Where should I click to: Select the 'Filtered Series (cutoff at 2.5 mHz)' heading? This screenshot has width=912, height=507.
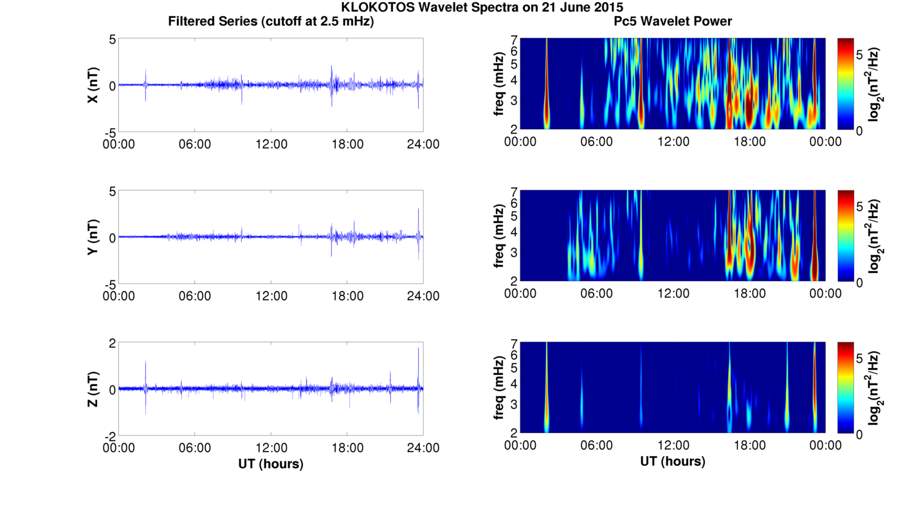271,21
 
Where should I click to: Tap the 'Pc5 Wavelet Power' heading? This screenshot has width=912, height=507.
673,21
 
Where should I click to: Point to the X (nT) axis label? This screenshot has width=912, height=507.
93,85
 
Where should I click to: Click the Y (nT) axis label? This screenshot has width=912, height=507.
93,237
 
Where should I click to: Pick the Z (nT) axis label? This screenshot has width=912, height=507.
93,389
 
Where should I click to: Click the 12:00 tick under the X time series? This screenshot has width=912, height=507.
271,144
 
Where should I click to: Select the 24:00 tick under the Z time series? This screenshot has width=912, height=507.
423,448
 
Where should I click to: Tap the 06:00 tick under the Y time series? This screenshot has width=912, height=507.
195,296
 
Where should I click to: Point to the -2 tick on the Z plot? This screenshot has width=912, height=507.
110,437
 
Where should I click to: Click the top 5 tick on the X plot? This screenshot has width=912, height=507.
113,39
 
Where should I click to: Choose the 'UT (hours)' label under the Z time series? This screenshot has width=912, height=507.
271,464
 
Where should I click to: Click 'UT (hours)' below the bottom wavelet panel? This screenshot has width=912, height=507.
673,461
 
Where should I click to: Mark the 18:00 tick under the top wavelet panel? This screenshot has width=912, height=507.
749,142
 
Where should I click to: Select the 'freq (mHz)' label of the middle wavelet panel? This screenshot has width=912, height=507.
499,235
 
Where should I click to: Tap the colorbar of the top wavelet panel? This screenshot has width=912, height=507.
846,84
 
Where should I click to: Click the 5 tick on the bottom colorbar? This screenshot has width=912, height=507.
859,359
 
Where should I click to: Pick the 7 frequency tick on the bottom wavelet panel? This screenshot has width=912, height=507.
514,344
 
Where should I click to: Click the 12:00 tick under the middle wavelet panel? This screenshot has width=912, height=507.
673,293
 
